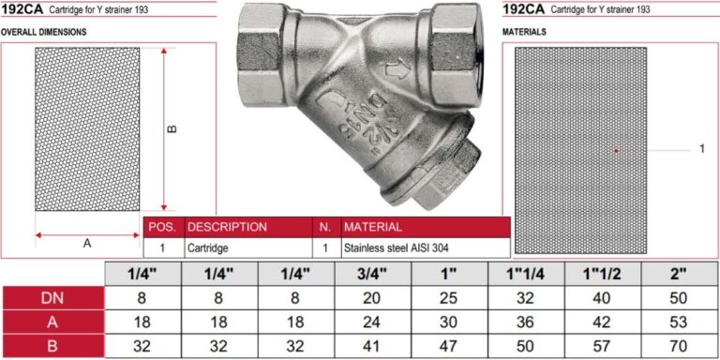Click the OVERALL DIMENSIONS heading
point(44,32)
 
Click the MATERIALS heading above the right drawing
point(524,32)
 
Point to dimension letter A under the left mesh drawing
point(87,245)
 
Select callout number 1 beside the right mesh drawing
point(701,149)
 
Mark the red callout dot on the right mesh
point(617,150)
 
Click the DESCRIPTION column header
point(227,227)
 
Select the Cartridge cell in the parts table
point(207,248)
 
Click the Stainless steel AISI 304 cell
point(396,248)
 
